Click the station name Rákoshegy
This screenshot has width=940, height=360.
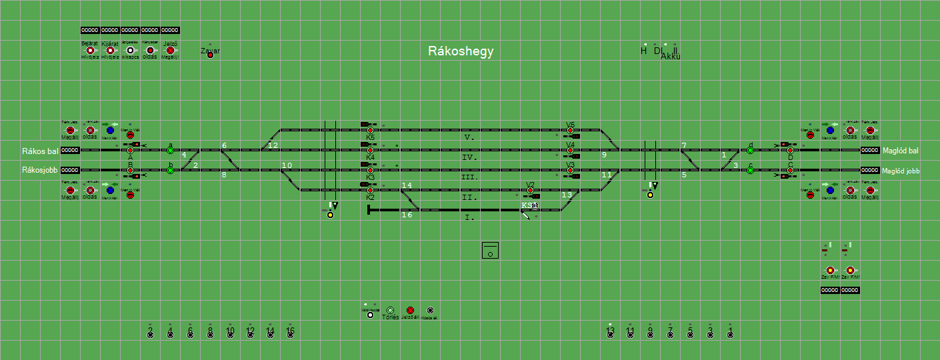pos(461,52)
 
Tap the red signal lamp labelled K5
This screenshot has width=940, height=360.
pos(371,131)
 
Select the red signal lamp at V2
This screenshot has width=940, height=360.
pos(531,191)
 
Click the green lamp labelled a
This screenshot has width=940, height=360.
pos(171,151)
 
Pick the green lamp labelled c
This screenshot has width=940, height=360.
pos(750,171)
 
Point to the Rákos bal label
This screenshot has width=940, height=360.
pos(40,151)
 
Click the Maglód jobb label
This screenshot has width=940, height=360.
pos(901,171)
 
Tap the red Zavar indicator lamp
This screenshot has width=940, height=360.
pos(211,55)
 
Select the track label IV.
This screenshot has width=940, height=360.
pos(469,157)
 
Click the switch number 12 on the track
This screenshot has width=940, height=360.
pos(273,145)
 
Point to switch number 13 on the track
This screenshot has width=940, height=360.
pos(567,195)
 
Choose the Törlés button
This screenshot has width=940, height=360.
pos(391,311)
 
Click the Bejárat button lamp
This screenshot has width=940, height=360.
pos(90,51)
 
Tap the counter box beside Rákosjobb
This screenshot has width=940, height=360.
pos(71,171)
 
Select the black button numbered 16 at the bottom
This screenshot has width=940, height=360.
pos(291,334)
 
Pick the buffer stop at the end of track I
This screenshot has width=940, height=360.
pos(369,211)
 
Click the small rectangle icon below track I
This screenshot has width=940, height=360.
pos(490,251)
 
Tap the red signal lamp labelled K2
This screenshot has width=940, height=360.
pos(371,191)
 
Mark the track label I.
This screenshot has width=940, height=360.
pos(469,217)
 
